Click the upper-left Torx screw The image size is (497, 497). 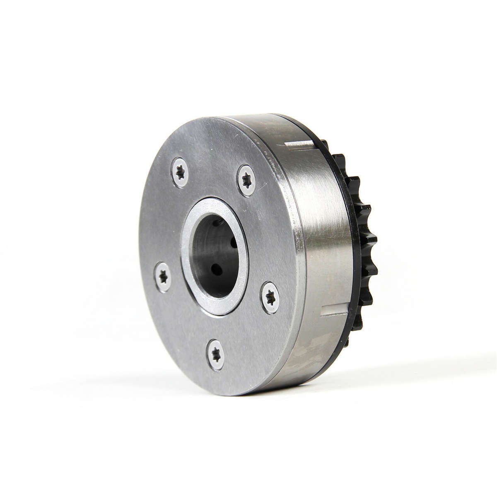coord(180,173)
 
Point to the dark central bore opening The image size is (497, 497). coord(213,257)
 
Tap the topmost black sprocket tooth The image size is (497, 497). coord(326,145)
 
